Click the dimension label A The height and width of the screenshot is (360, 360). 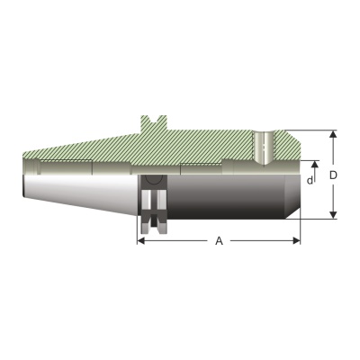click(x=220, y=240)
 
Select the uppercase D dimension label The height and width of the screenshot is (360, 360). click(x=333, y=175)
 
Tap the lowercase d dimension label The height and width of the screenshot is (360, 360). click(x=310, y=180)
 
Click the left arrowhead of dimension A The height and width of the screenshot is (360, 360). click(x=141, y=240)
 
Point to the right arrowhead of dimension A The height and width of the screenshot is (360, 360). click(x=296, y=240)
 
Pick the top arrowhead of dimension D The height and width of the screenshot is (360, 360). click(x=333, y=134)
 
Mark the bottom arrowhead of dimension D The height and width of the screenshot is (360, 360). click(x=333, y=215)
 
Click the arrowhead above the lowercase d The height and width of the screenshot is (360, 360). click(x=314, y=164)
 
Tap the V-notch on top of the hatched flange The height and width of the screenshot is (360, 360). click(x=155, y=119)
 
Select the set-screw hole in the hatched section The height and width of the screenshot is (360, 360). click(x=264, y=147)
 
